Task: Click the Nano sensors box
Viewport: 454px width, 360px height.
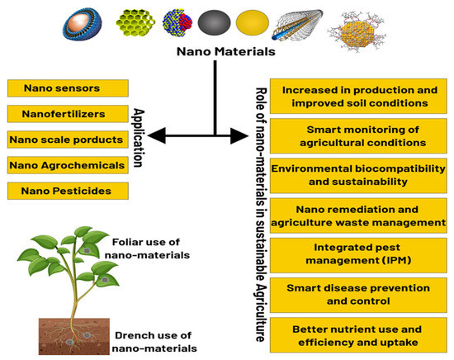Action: [x=68, y=87]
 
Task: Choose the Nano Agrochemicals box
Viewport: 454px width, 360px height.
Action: [x=68, y=165]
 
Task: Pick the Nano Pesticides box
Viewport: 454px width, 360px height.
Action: [x=68, y=192]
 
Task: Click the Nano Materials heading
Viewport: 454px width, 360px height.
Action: [x=216, y=53]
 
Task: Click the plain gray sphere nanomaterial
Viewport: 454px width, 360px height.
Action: [x=214, y=21]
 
